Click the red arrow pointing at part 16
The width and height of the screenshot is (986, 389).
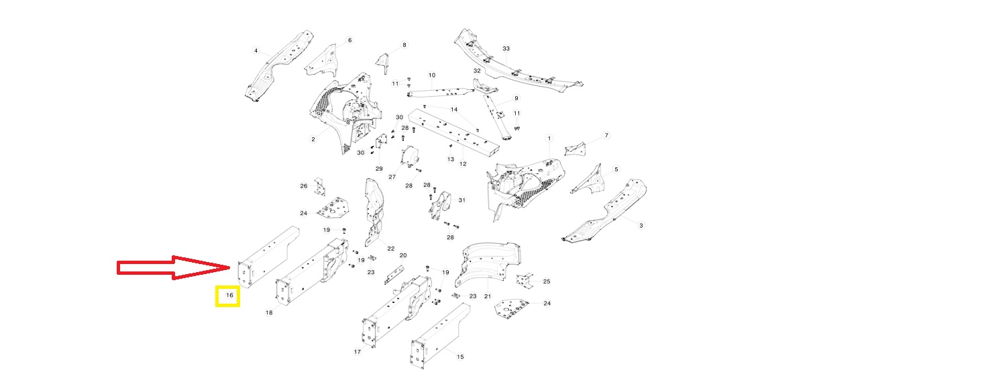(174, 267)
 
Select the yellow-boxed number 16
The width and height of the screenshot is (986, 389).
(228, 296)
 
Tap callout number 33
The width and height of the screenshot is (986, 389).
(506, 49)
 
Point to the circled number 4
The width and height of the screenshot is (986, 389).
(256, 50)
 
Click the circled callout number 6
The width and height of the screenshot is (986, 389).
(349, 40)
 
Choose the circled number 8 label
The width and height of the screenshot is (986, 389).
(404, 45)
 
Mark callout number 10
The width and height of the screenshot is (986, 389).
(431, 75)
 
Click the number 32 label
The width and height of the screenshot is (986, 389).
(477, 71)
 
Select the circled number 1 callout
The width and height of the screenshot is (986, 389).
(549, 138)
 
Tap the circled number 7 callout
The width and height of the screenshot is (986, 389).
(606, 136)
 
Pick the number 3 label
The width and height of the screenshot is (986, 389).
(641, 226)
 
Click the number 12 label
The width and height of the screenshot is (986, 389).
(463, 164)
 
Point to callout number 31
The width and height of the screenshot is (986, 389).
(461, 200)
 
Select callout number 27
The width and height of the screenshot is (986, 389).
(392, 177)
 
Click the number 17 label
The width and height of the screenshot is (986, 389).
(358, 351)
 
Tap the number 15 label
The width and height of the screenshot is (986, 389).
(460, 357)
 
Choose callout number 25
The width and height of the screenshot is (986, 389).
(546, 282)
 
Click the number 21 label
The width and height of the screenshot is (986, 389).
(488, 297)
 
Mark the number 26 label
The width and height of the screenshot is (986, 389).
(303, 186)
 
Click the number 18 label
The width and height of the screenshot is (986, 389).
(269, 312)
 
